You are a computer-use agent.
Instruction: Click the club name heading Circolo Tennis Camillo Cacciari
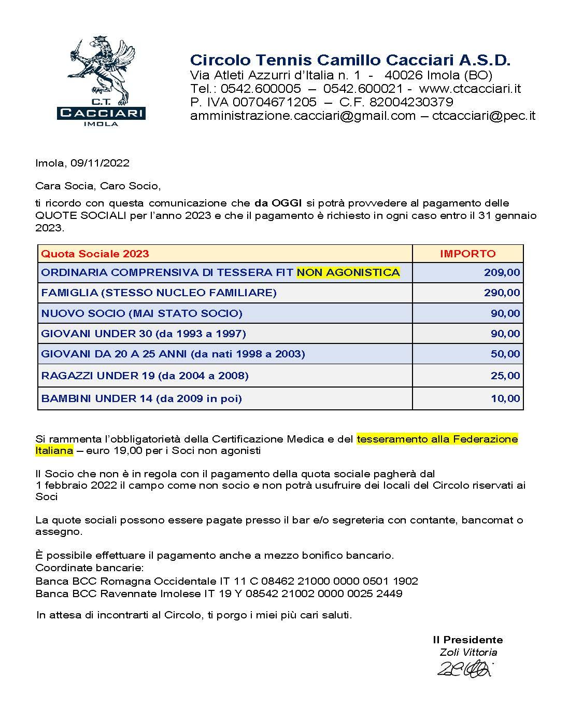coord(350,60)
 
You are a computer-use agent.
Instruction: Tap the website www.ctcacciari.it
coord(470,88)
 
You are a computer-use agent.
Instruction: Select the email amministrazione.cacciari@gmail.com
coord(303,116)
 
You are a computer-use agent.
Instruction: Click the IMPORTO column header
coord(467,254)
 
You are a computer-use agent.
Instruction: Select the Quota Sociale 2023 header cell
coord(95,254)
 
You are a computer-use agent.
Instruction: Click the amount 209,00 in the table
coord(502,272)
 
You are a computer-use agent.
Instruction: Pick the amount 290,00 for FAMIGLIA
coord(502,293)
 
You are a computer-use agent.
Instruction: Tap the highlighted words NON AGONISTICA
coord(348,272)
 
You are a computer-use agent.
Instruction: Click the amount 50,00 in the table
coord(505,354)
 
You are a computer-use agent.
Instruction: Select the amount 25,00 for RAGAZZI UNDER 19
coord(505,376)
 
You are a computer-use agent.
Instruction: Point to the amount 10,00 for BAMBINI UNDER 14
coord(505,398)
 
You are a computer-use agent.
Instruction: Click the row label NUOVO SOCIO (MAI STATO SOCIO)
coord(141,313)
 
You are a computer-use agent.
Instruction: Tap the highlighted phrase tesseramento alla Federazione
coord(437,439)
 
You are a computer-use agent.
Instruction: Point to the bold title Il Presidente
coord(467,640)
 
